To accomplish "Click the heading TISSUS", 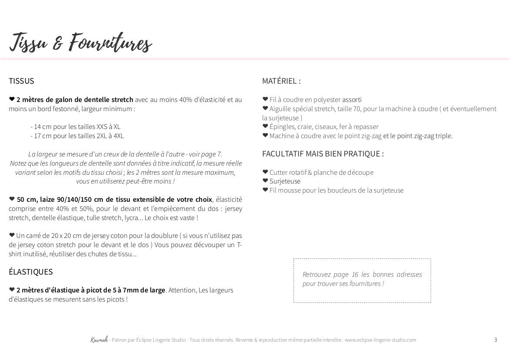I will (21, 81).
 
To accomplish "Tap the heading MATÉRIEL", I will (281, 81).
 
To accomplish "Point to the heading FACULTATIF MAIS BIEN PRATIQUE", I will (323, 154).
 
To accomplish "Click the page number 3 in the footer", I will (496, 340).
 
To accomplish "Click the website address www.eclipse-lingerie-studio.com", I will (380, 340).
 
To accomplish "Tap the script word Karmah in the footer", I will (96, 340).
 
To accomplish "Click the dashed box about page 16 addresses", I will (362, 280).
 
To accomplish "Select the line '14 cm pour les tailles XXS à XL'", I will (75, 127).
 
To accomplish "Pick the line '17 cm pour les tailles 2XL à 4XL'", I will (77, 136).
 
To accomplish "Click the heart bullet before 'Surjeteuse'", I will (265, 181).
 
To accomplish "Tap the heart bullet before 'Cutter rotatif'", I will (265, 172).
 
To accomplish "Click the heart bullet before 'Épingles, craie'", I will (265, 126).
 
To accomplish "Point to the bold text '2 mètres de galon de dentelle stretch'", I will (75, 100).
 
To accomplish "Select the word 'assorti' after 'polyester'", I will (352, 100).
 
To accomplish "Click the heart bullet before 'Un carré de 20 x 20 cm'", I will (12, 235).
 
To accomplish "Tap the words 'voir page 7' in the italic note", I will (206, 154).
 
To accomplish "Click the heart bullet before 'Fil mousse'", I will (265, 190).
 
